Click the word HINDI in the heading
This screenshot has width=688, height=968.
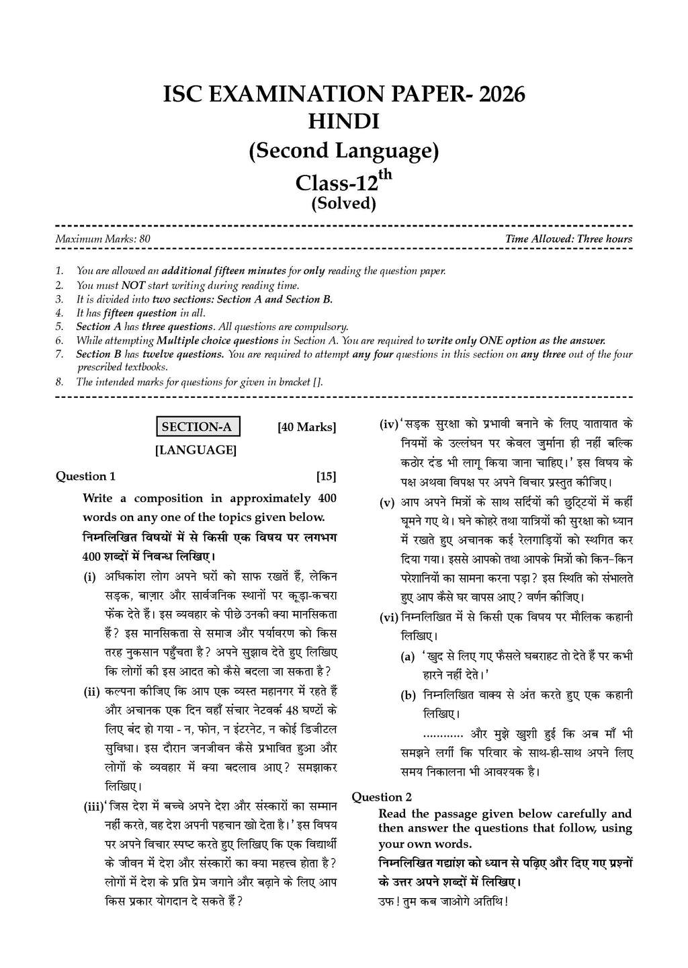(343, 122)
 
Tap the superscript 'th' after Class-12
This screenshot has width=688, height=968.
(384, 173)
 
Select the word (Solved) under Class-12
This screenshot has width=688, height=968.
(343, 203)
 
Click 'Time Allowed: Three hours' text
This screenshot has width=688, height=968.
(568, 239)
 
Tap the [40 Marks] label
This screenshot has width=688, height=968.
(306, 427)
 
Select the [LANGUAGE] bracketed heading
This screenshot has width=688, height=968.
(196, 450)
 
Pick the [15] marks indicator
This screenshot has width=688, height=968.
(326, 477)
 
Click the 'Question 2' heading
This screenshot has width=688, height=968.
(382, 797)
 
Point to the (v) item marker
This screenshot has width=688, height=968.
(387, 503)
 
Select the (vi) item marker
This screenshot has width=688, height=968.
(389, 617)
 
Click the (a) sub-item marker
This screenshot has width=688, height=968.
(407, 657)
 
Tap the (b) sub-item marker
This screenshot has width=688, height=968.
(408, 696)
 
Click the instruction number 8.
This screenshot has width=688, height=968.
(60, 382)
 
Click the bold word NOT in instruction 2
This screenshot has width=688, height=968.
(129, 285)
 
